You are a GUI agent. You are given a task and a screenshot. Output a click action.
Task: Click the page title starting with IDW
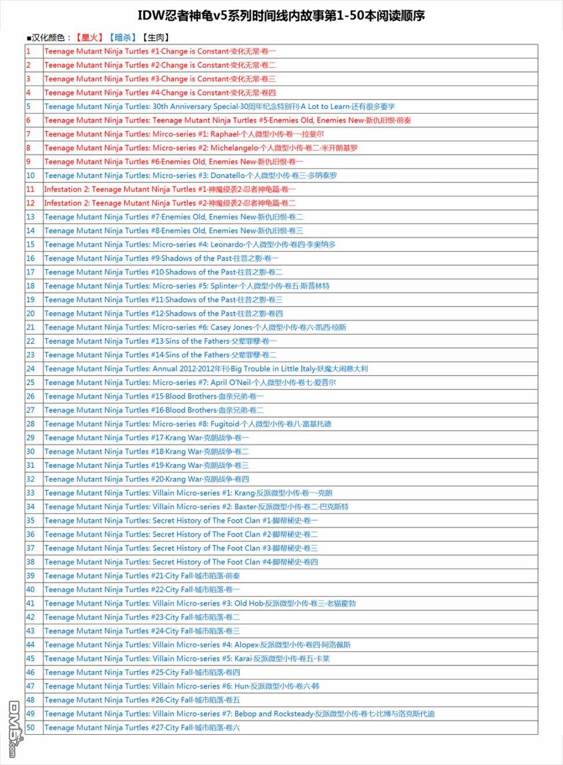(281, 16)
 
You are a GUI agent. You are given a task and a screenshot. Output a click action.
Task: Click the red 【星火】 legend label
(89, 38)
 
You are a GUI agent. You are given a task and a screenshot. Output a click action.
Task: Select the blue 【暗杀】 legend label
(122, 38)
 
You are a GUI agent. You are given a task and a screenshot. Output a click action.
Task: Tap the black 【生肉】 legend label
(155, 38)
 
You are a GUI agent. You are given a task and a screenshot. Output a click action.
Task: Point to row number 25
(31, 382)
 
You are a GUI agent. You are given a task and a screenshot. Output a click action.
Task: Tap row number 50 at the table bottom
(31, 727)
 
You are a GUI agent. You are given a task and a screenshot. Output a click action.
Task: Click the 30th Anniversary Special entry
(220, 107)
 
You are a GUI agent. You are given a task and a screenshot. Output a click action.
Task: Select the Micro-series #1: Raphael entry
(184, 134)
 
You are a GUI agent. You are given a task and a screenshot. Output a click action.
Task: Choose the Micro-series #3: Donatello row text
(191, 175)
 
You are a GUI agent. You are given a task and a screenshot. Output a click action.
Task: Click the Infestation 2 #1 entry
(170, 189)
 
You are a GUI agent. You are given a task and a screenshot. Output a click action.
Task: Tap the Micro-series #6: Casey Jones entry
(195, 327)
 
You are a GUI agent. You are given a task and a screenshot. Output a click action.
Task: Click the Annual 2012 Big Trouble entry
(206, 368)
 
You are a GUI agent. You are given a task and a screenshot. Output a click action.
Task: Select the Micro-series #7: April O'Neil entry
(190, 382)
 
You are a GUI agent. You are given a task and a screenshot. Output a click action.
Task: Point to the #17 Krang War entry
(147, 438)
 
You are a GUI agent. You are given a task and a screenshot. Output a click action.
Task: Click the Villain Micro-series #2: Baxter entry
(196, 507)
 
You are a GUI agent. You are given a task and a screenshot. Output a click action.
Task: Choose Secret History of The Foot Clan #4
(181, 562)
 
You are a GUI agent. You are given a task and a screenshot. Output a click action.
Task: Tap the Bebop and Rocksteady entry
(239, 713)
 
